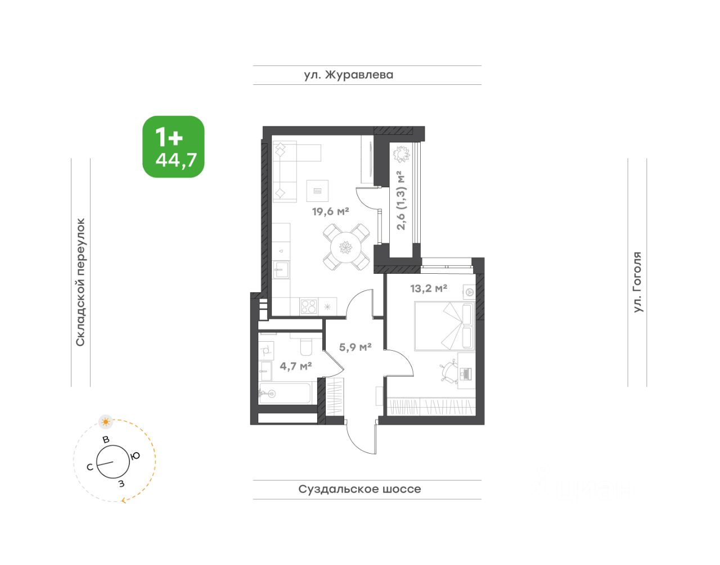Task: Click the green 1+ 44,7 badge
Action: pos(173,147)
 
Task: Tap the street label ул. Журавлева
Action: pos(349,75)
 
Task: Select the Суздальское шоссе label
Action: pos(359,489)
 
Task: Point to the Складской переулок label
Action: pos(80,282)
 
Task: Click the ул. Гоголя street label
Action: pos(637,282)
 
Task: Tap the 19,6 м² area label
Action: pos(331,211)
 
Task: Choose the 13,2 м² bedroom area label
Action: pos(429,288)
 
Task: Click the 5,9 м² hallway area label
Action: pos(355,347)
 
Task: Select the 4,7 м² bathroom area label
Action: pos(295,366)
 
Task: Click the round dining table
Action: pos(346,247)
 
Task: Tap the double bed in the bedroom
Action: pos(445,326)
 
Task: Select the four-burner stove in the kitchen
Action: pos(308,306)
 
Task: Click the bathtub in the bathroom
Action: pos(285,393)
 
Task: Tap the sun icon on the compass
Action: pos(106,422)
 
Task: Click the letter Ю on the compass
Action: pos(135,456)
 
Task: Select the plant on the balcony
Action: pos(401,154)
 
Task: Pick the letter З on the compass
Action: pos(121,483)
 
